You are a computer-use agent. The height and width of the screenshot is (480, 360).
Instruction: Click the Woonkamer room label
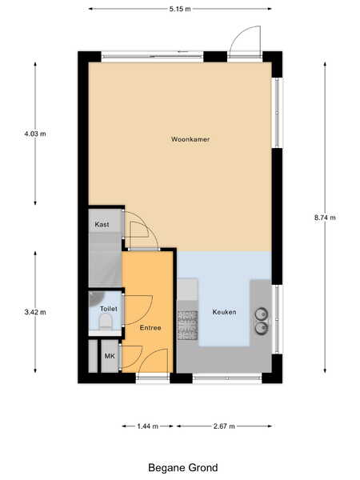pyautogui.click(x=190, y=139)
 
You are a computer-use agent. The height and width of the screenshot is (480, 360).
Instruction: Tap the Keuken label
pyautogui.click(x=224, y=312)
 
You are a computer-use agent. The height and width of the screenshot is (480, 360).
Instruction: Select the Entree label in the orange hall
pyautogui.click(x=150, y=328)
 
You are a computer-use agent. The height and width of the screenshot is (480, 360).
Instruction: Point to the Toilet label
pyautogui.click(x=108, y=309)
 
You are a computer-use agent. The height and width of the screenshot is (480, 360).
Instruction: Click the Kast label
pyautogui.click(x=102, y=224)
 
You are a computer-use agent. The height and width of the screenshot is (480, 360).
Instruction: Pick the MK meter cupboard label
pyautogui.click(x=110, y=356)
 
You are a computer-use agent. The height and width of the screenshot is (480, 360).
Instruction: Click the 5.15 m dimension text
pyautogui.click(x=180, y=9)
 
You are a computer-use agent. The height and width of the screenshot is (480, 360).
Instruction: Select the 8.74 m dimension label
pyautogui.click(x=325, y=218)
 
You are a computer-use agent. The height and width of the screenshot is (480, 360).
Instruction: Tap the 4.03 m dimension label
pyautogui.click(x=35, y=134)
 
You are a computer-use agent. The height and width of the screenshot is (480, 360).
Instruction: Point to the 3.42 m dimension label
pyautogui.click(x=35, y=312)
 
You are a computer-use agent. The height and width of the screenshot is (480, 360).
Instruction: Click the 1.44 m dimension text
pyautogui.click(x=147, y=426)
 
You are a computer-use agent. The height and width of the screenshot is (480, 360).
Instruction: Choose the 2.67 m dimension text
pyautogui.click(x=224, y=426)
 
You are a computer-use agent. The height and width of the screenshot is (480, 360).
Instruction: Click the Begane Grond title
pyautogui.click(x=183, y=468)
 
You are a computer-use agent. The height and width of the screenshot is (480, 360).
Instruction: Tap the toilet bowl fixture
pyautogui.click(x=106, y=322)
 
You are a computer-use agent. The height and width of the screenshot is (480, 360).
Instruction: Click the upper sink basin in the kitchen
pyautogui.click(x=262, y=314)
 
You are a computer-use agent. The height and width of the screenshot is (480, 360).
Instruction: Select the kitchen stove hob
pyautogui.click(x=188, y=325)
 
